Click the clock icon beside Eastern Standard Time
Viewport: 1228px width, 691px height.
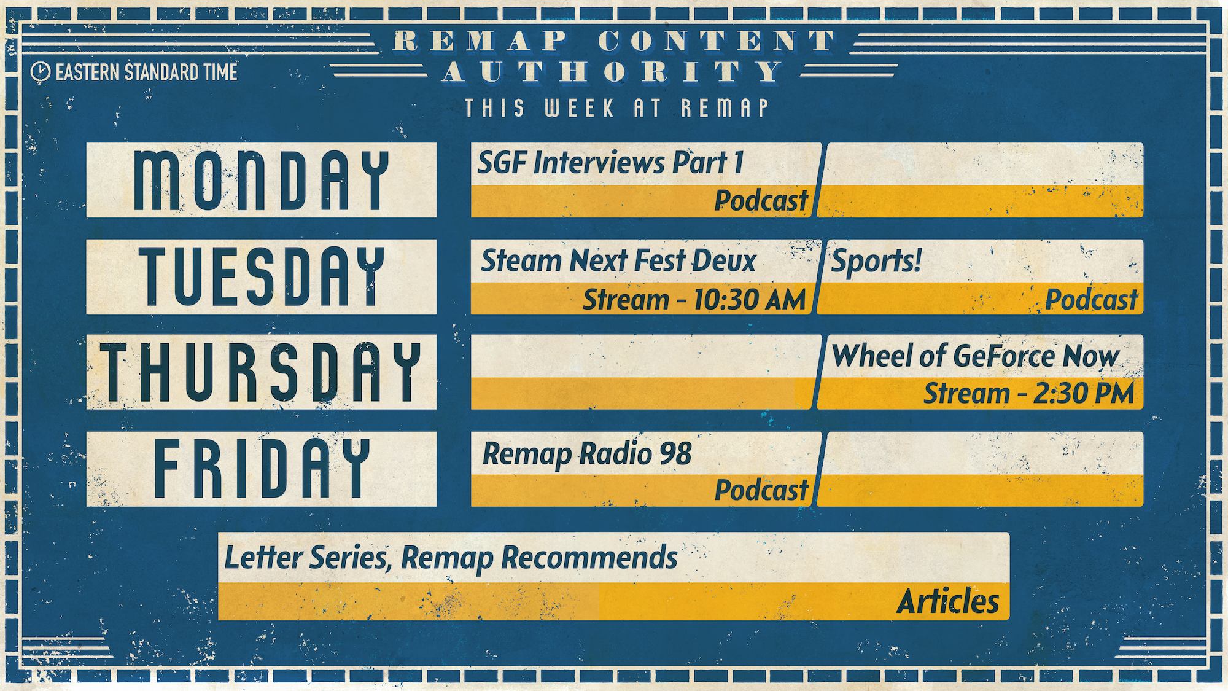[41, 72]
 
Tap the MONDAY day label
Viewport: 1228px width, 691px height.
[262, 180]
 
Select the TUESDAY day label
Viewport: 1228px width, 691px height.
[262, 276]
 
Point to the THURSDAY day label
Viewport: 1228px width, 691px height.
[261, 372]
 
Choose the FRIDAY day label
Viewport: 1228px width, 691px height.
[262, 468]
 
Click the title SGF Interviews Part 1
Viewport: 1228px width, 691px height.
[611, 163]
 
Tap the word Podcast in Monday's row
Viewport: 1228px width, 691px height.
[761, 201]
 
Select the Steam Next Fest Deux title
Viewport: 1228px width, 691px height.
[618, 260]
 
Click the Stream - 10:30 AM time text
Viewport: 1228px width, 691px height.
[694, 300]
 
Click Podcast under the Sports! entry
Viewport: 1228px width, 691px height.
[1092, 300]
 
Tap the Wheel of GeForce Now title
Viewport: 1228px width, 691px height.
[975, 356]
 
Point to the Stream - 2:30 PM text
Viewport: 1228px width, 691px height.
[1029, 394]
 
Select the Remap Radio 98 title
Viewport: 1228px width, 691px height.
[587, 455]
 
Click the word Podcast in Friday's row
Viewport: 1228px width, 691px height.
[761, 490]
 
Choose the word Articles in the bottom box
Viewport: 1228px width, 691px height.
[948, 601]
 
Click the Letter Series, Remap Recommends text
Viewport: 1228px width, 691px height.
[451, 558]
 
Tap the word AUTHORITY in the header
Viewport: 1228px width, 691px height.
[613, 72]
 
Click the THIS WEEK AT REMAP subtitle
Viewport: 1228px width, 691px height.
[617, 109]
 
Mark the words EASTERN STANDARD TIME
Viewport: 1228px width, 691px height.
[147, 72]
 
